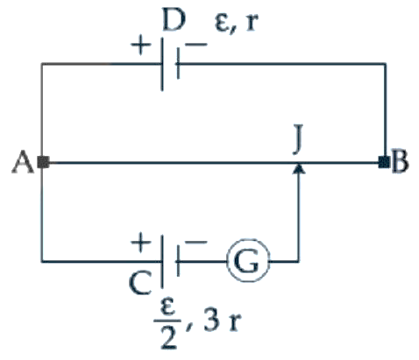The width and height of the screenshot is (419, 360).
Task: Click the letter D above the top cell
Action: point(174,19)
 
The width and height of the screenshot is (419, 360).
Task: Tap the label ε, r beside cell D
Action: point(237,23)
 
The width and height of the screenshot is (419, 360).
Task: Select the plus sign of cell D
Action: point(140,46)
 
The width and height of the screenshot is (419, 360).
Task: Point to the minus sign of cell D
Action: point(195,45)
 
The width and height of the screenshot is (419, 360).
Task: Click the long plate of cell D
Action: point(162,64)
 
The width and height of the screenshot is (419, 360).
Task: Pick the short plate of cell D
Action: point(178,64)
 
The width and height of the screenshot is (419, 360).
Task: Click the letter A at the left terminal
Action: point(23,162)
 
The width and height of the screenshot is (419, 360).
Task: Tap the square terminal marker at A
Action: point(44,162)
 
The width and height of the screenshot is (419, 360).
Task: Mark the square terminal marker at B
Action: point(384,162)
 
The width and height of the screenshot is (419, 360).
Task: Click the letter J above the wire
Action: point(298,139)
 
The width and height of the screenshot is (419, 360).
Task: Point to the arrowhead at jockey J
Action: point(299,169)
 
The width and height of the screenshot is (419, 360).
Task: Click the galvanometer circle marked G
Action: point(248,261)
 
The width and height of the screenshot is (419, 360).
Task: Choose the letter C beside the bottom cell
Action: point(140,283)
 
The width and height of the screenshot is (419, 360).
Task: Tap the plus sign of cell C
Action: point(140,243)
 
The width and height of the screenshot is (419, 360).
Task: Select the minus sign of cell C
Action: point(195,242)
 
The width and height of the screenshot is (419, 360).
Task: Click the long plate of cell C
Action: point(161,262)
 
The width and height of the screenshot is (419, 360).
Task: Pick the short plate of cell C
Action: point(177,261)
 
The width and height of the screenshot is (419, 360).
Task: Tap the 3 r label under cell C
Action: point(223,321)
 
